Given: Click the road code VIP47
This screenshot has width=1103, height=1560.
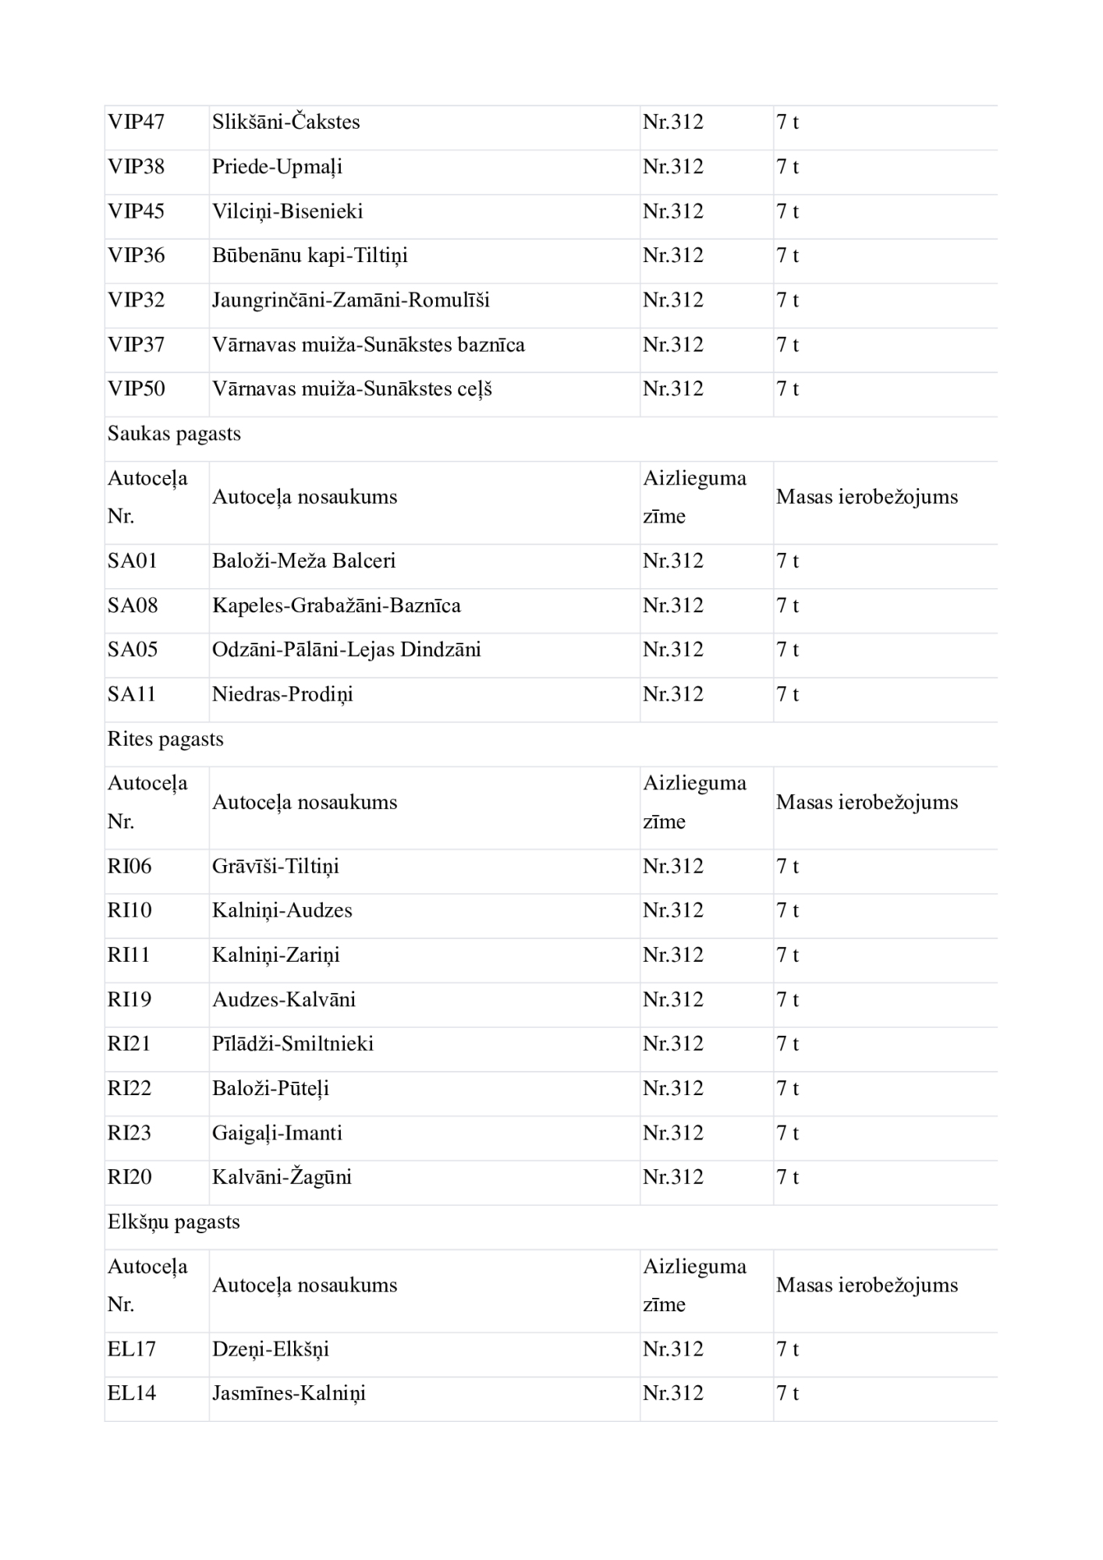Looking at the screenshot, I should tap(136, 122).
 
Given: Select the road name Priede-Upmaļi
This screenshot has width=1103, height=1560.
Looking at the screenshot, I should tap(277, 167).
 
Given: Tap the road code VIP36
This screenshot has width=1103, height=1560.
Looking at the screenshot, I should tap(136, 256).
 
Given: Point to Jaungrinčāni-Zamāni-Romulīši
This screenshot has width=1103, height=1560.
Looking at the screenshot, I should tap(350, 300).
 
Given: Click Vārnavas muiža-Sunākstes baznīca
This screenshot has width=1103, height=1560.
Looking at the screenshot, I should tap(368, 345).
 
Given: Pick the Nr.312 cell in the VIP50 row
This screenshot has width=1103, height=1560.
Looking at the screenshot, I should tap(672, 389).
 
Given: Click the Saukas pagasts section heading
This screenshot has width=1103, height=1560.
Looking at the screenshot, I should tap(174, 434).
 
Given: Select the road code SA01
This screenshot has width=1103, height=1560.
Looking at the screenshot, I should tap(132, 561).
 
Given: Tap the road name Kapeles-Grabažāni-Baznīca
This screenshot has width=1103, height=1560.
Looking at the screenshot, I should tap(336, 605).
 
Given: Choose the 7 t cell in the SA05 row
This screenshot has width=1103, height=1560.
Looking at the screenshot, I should tap(787, 650).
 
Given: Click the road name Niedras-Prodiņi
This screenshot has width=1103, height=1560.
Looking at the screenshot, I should tap(282, 694).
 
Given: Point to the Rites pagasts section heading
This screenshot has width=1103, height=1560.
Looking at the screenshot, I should tap(165, 739).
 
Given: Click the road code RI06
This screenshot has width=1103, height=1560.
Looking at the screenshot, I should tap(129, 866).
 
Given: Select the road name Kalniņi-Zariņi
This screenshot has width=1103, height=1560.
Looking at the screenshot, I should tap(275, 955).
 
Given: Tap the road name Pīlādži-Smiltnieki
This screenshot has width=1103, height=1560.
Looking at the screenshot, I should tap(293, 1044).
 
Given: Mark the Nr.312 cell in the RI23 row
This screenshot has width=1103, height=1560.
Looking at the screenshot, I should tap(672, 1133).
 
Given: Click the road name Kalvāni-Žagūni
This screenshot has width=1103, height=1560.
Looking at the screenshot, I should tap(282, 1177).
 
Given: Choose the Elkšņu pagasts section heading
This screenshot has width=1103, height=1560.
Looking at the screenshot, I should tap(173, 1221).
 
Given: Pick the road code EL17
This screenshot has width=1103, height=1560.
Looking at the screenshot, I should tap(131, 1349).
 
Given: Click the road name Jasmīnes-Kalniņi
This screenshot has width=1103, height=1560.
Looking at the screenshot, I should tap(289, 1393).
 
